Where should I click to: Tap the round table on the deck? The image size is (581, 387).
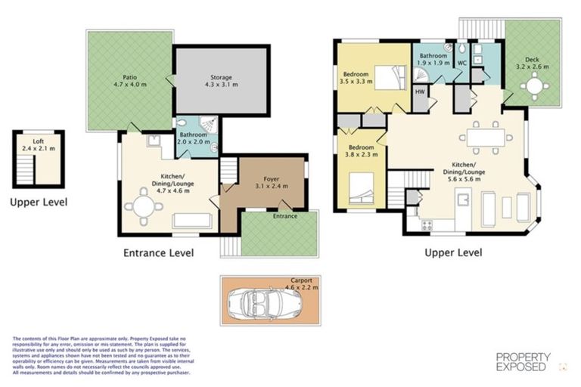coord(536,88)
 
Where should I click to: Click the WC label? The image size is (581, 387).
coord(461,63)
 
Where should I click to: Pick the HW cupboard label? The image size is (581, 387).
coord(420,91)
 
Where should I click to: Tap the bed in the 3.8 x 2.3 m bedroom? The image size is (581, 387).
coord(364,187)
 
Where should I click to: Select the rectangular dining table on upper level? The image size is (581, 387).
coord(485,138)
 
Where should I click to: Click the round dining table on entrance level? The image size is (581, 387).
coord(141,204)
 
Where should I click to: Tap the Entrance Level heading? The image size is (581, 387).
coord(158,252)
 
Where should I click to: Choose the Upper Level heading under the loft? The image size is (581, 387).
coord(39,202)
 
